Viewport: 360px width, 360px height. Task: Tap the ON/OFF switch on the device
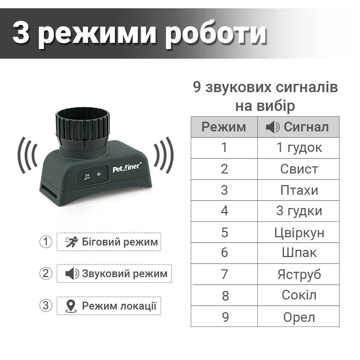coord(87,176)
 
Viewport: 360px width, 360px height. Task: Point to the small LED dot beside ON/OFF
coord(99,175)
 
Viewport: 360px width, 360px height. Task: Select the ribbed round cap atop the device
coord(82,128)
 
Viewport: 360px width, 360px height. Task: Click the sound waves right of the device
coord(164,155)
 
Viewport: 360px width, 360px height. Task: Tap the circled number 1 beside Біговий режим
coord(46,242)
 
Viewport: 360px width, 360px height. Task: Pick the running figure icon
coord(71,242)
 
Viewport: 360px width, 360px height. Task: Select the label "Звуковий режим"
coord(125,274)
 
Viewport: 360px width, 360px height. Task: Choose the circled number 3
coord(46,306)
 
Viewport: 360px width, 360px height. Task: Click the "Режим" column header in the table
coord(224,127)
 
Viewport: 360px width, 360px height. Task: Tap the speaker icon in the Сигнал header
coord(272,127)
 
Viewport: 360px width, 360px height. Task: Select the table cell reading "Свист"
coord(299,169)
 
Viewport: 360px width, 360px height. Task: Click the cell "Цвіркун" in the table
coord(299,232)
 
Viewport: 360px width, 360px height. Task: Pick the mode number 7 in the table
coord(225,274)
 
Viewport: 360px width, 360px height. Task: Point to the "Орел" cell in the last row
coord(299,317)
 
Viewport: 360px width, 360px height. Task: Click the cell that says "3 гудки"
coord(299,211)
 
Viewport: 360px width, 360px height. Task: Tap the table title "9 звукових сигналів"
coord(265,88)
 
